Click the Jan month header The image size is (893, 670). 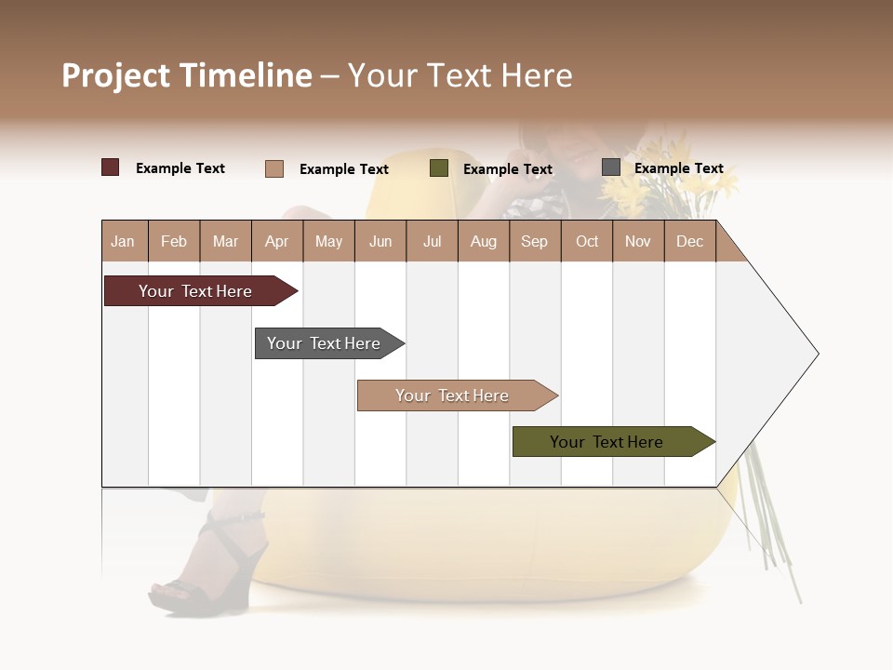[123, 242]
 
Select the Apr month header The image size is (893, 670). [276, 242]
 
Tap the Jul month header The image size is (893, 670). [432, 242]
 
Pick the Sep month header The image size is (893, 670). [534, 242]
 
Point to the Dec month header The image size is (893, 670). [689, 242]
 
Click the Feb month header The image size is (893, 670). [174, 242]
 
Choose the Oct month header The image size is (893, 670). [587, 242]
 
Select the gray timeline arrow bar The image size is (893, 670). [326, 343]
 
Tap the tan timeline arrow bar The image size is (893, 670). [454, 395]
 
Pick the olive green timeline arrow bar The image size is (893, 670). [609, 442]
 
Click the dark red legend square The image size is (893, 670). [111, 167]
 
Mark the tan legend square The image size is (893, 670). [274, 168]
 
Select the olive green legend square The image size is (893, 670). [439, 168]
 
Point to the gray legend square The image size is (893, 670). [611, 167]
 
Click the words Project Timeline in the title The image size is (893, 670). [187, 75]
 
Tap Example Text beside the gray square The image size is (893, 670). [678, 168]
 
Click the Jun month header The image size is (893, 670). [380, 242]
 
